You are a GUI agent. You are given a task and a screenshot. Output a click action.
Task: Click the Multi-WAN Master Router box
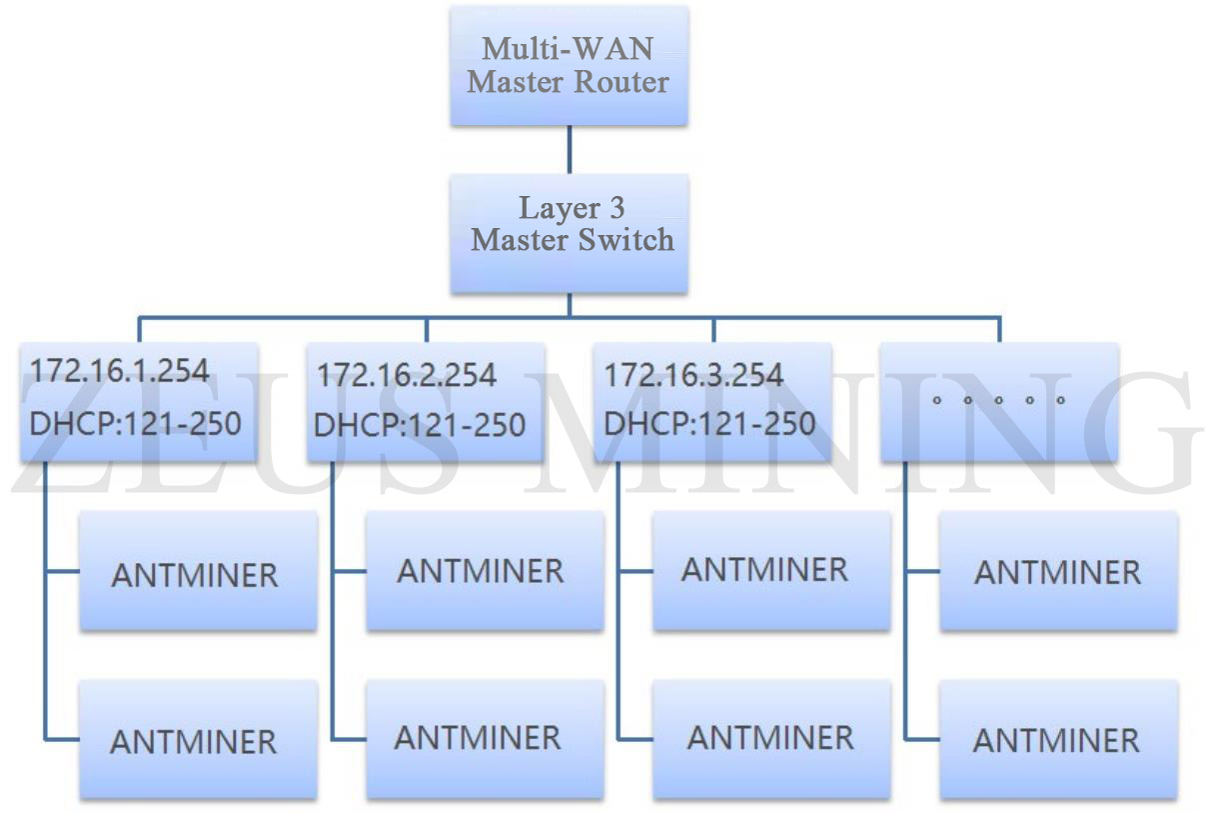coord(569,66)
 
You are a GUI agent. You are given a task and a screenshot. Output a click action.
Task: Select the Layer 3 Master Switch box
coord(569,233)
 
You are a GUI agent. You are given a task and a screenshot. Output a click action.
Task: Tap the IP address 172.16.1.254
coord(120,371)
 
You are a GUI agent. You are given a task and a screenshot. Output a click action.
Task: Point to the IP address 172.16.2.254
coord(407,376)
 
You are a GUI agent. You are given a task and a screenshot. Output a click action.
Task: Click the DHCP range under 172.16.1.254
coord(135,423)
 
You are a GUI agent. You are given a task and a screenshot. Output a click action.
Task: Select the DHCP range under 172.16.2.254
coord(420,425)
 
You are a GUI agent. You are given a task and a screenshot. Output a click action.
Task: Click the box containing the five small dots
coord(999,402)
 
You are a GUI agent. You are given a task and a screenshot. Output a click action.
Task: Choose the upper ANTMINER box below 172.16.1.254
coord(198,572)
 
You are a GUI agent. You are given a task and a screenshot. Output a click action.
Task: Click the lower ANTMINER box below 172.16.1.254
coord(198,740)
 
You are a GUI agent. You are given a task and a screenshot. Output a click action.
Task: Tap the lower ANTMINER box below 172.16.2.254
coord(485,738)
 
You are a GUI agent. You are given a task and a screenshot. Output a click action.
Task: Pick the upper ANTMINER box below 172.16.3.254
coord(770,570)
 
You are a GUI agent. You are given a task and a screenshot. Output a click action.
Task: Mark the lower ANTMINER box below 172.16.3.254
coord(770,738)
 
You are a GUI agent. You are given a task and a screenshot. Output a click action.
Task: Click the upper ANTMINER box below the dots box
coord(1058,572)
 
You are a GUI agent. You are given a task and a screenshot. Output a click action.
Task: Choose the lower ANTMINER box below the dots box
coord(1058,740)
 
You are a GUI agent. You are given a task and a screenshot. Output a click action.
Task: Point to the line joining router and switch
coord(570,150)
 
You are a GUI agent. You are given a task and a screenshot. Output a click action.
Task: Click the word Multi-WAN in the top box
coord(569,48)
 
